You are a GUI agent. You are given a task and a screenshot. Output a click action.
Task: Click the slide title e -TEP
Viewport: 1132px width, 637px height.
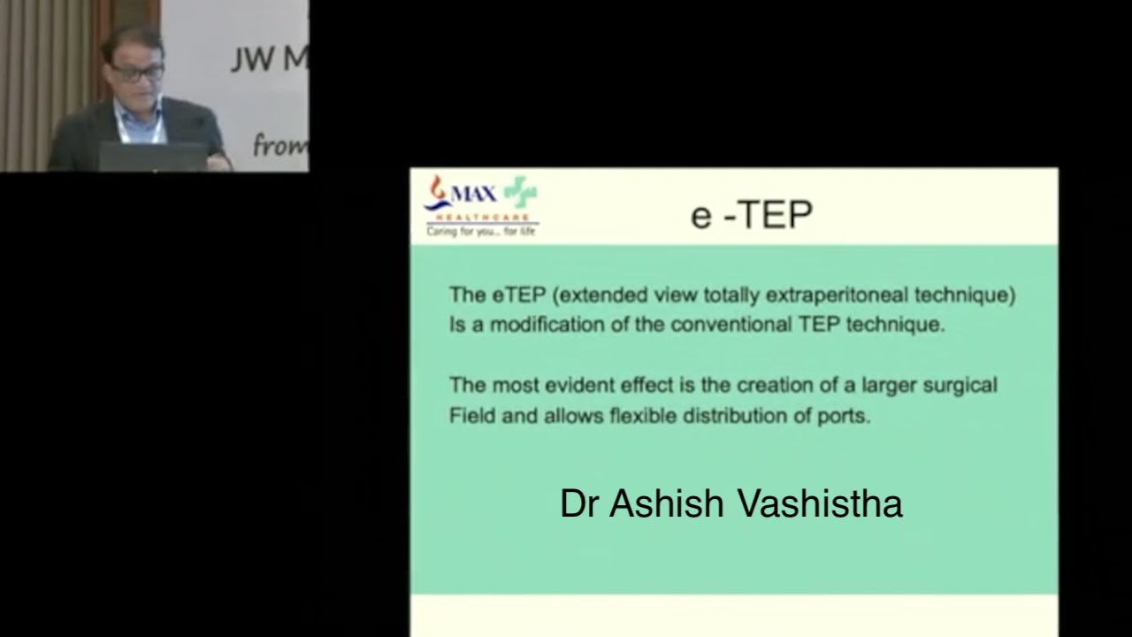(x=751, y=215)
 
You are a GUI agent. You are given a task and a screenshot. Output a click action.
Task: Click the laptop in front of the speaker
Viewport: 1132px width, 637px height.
(x=151, y=157)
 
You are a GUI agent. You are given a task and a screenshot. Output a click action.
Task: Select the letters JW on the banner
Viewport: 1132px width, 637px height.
(x=250, y=59)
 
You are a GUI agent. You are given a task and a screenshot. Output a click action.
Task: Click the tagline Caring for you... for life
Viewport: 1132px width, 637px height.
(x=481, y=232)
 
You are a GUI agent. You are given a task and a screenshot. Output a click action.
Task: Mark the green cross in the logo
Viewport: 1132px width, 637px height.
(x=520, y=192)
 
